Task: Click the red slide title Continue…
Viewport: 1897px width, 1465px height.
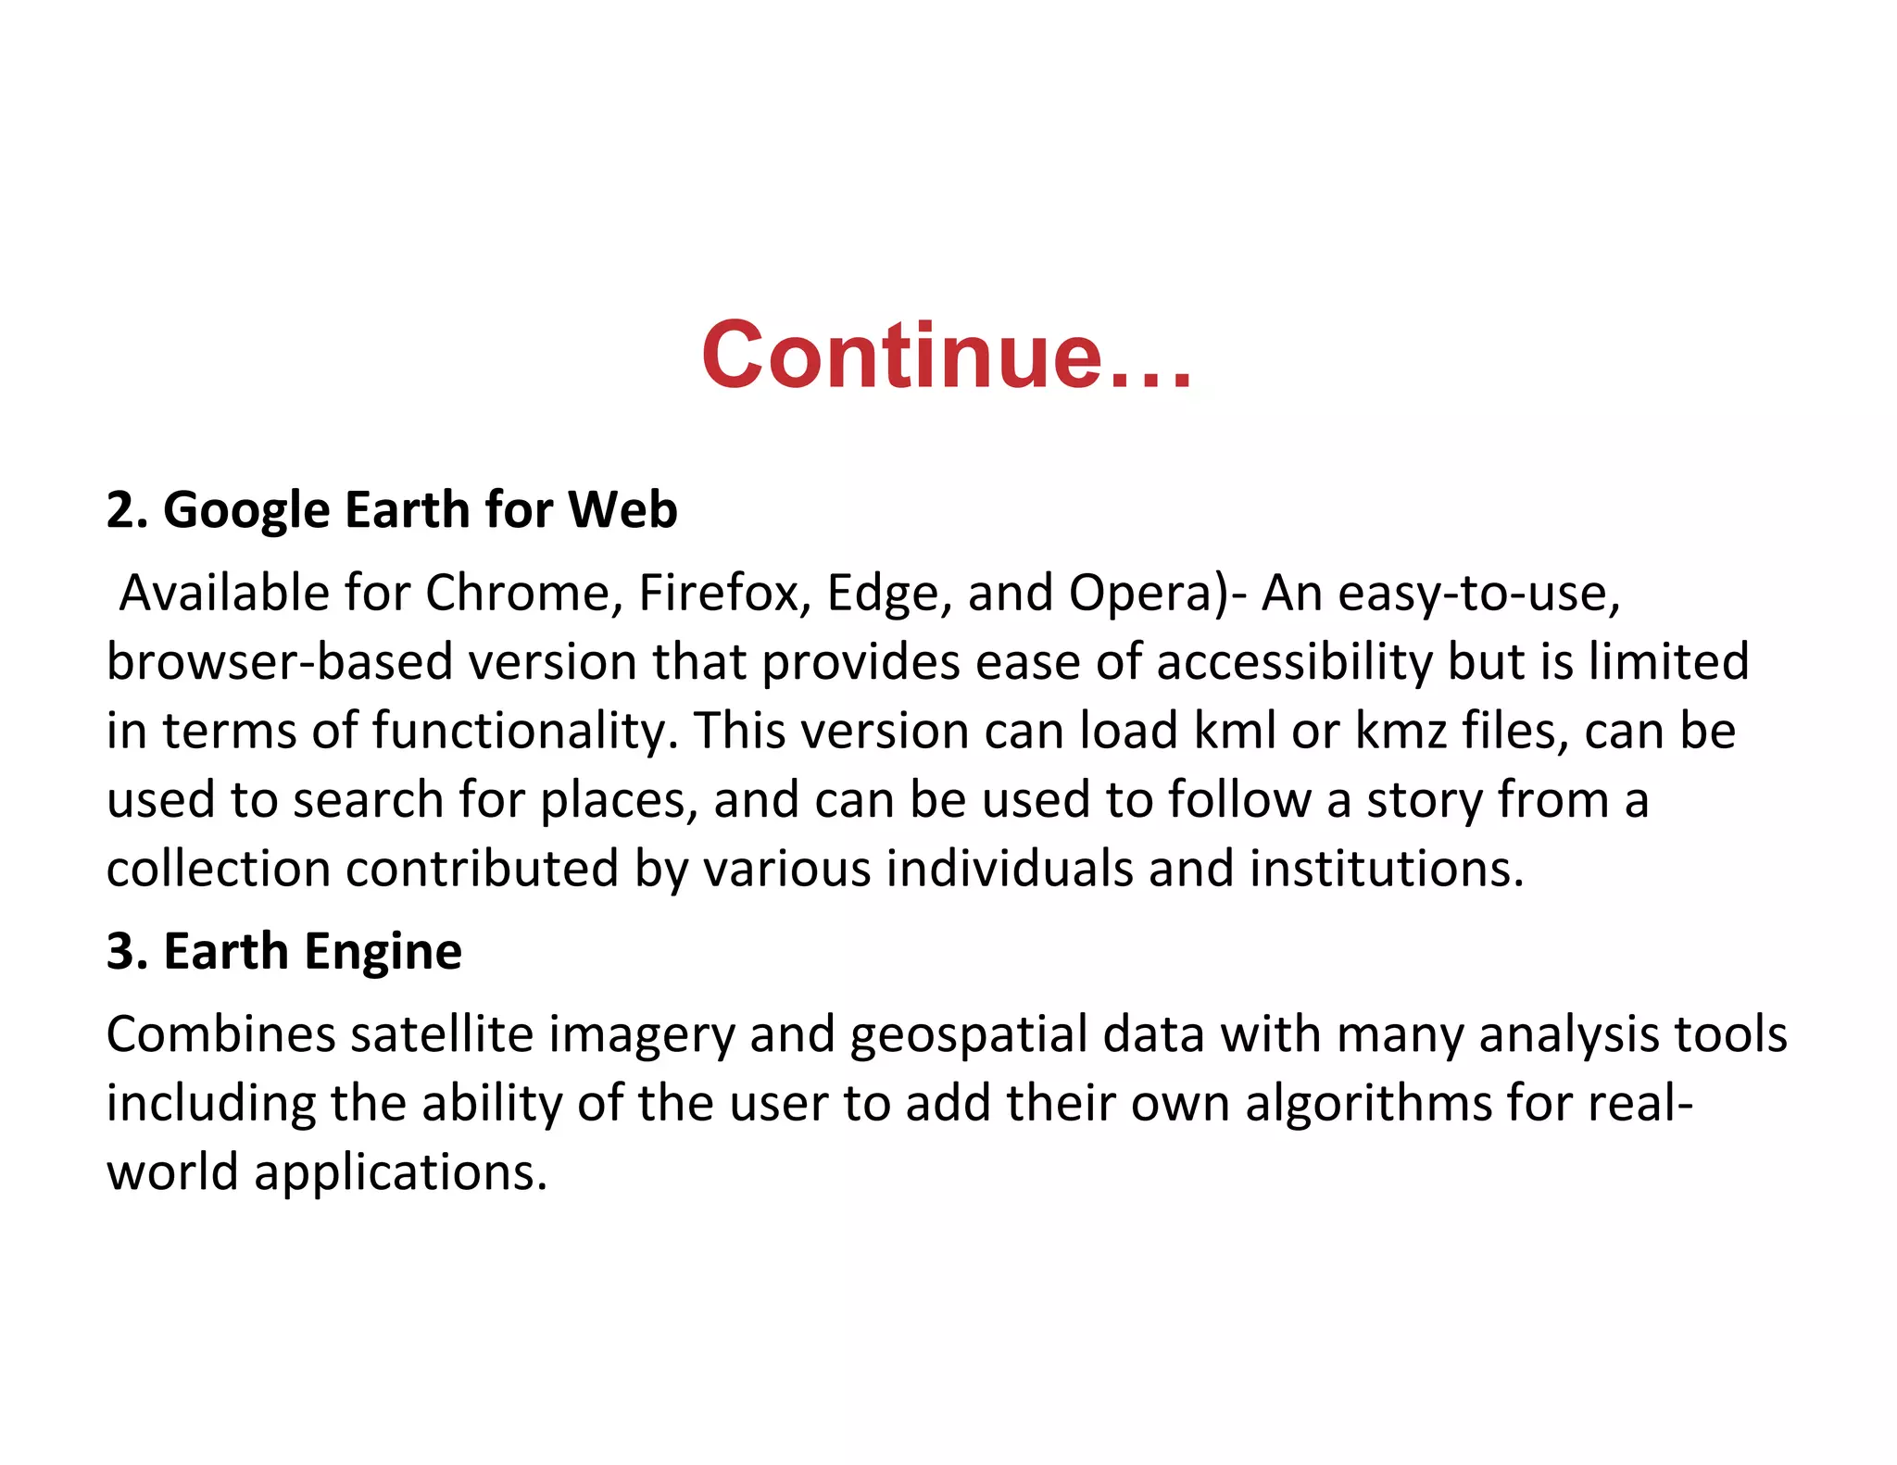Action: tap(947, 356)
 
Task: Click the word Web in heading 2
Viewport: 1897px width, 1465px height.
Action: tap(622, 510)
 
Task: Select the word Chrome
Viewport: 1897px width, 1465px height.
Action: tap(523, 593)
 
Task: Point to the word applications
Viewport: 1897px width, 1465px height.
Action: tap(401, 1173)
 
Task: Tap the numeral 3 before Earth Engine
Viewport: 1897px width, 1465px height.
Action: tap(120, 952)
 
